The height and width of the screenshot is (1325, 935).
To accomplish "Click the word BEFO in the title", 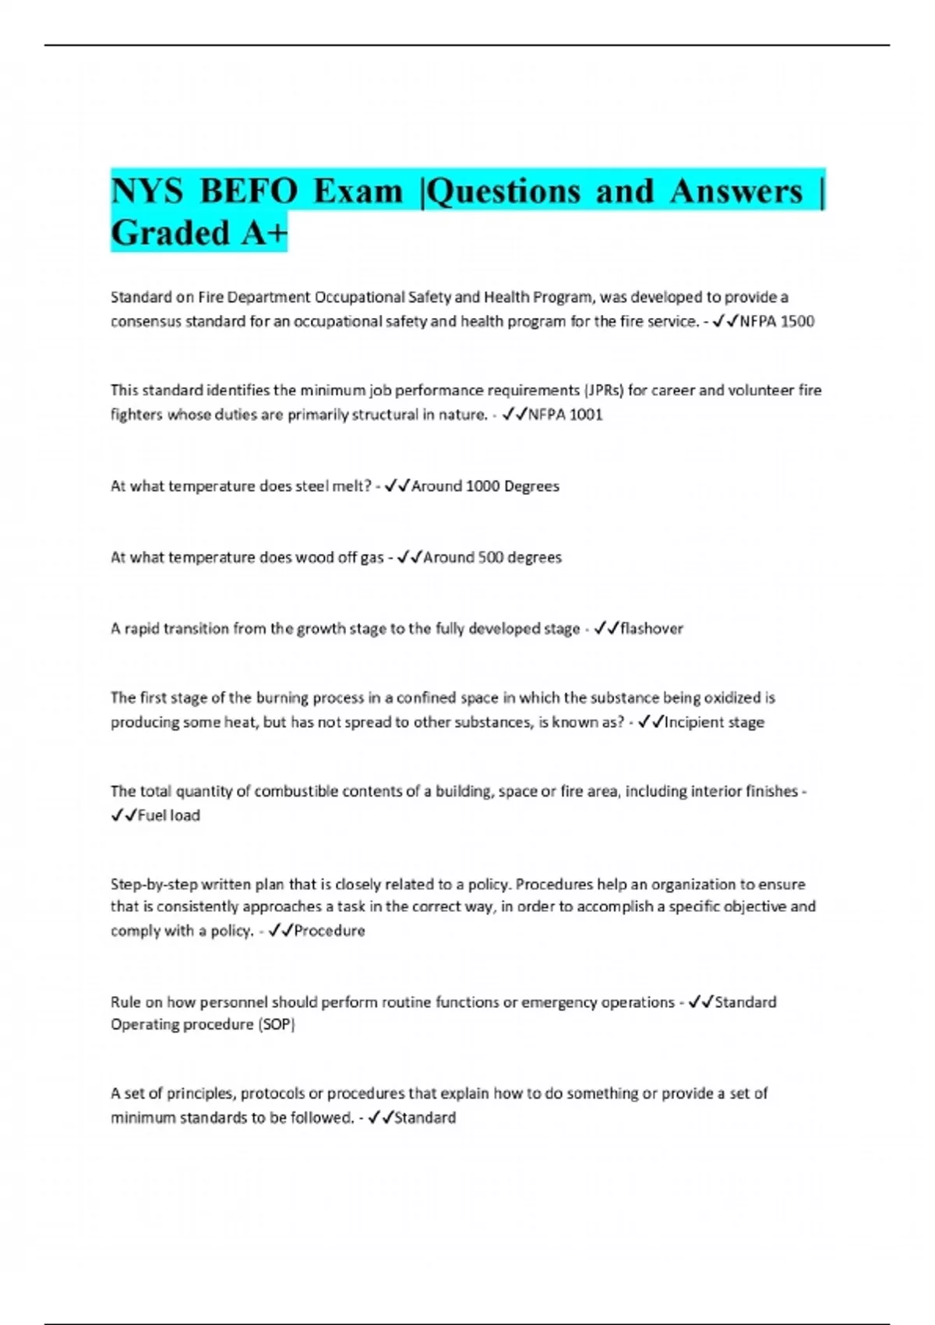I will pos(248,192).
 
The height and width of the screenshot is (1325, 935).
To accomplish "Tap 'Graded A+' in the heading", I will pos(199,233).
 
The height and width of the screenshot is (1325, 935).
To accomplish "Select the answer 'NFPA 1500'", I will pos(777,321).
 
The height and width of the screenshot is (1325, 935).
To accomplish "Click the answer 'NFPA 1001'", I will pos(565,415).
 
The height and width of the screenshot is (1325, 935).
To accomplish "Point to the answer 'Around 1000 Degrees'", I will pos(485,486).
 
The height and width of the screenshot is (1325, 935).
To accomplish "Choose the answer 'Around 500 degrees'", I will pos(492,557).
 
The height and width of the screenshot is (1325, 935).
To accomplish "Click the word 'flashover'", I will pos(651,628).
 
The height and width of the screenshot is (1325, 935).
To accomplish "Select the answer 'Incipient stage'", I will pos(714,723).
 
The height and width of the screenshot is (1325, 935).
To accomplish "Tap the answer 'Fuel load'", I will pos(168,815).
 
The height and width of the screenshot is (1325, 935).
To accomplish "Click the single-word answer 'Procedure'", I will pos(329,931).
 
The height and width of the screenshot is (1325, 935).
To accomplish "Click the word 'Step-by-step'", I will pos(154,885).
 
